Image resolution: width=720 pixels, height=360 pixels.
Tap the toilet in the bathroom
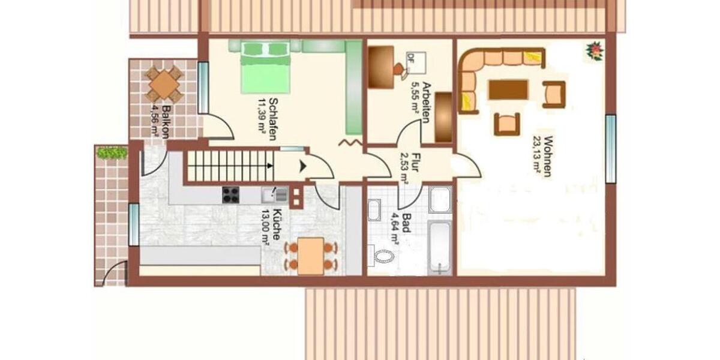(383, 257)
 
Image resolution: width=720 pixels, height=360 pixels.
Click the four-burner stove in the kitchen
(231, 195)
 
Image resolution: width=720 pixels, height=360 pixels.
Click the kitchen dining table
(310, 256)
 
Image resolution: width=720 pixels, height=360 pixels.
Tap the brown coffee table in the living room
(508, 89)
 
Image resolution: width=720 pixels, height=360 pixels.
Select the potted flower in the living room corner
(595, 50)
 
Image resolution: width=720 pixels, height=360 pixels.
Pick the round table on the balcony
(163, 85)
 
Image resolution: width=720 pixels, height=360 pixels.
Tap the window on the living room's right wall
(610, 149)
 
